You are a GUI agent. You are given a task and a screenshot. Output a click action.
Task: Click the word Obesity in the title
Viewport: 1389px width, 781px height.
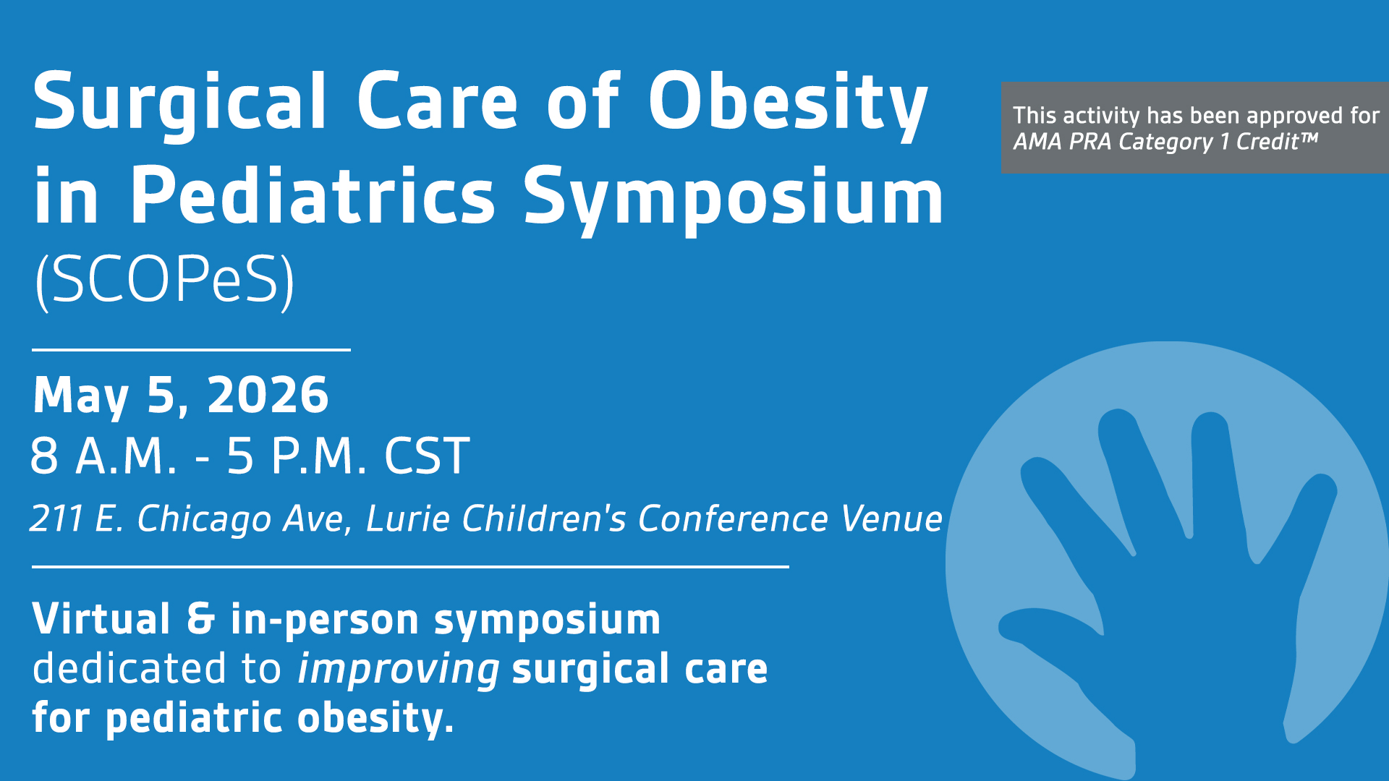coord(788,106)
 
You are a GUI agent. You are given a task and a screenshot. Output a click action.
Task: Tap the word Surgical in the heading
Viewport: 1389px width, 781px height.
coord(179,106)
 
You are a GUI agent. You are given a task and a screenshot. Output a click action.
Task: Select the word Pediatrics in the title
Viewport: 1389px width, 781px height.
coord(313,197)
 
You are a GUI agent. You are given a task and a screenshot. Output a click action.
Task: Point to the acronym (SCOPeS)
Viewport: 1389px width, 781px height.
coord(165,281)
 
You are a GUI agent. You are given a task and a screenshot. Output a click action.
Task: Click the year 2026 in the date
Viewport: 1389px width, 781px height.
coord(268,396)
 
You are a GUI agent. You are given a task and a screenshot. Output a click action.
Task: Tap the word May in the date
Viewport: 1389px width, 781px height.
coord(81,397)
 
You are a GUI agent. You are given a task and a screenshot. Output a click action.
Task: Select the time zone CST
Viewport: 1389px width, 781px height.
coord(427,456)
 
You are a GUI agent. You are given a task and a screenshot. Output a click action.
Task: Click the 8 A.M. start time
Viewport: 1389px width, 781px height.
coord(103,456)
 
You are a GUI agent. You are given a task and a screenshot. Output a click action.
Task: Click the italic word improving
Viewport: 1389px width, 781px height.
coord(399,670)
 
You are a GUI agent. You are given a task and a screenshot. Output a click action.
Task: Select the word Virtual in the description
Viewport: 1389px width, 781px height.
coord(101,619)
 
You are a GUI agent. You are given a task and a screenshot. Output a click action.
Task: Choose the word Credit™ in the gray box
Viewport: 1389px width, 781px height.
coord(1277,142)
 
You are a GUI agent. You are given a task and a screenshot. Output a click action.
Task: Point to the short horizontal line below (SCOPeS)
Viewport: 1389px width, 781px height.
coord(192,350)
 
